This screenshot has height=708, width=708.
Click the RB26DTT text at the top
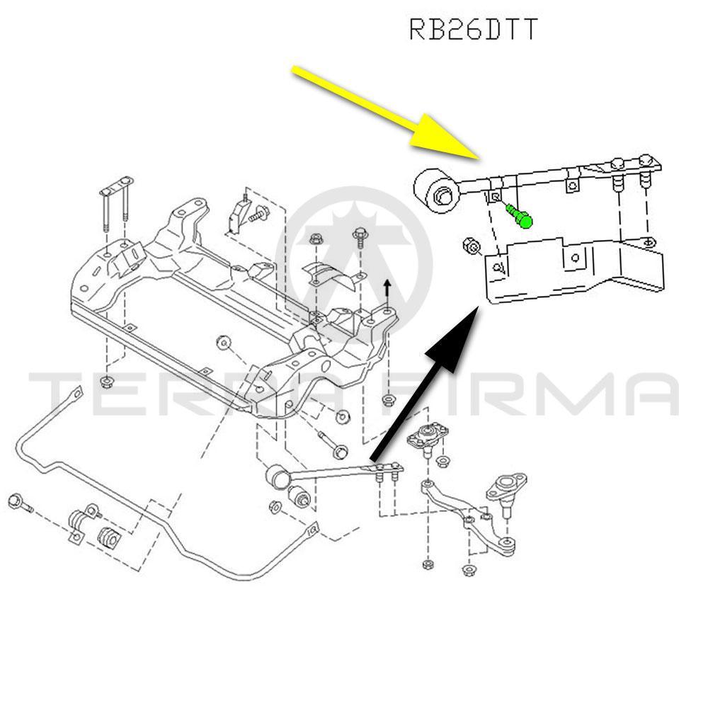pyautogui.click(x=474, y=30)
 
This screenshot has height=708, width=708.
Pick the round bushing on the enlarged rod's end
pyautogui.click(x=438, y=189)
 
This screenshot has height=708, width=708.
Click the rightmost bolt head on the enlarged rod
pyautogui.click(x=646, y=162)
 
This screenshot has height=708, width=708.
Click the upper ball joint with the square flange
pyautogui.click(x=426, y=435)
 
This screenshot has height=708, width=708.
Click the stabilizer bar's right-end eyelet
pyautogui.click(x=311, y=528)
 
